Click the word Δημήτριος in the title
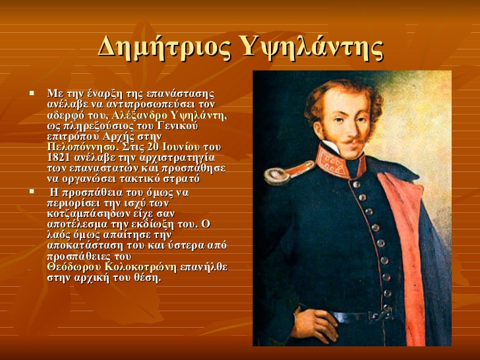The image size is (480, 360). click(x=164, y=47)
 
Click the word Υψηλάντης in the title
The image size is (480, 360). click(x=312, y=47)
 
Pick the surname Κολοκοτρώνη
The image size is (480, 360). click(x=141, y=267)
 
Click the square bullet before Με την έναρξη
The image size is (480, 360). click(x=32, y=92)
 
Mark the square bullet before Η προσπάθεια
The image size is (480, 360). click(x=32, y=192)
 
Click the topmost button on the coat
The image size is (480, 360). click(x=356, y=185)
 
